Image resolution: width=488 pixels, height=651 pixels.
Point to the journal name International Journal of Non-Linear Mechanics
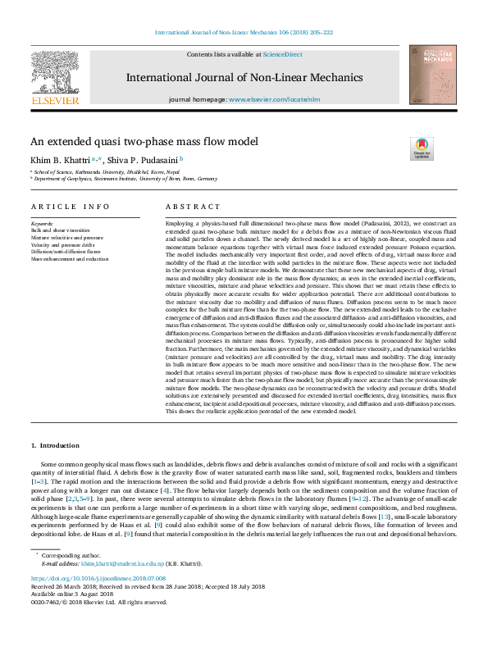(x=244, y=77)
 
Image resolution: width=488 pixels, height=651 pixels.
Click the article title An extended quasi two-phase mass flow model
(x=144, y=141)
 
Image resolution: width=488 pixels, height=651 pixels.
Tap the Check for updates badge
(x=422, y=148)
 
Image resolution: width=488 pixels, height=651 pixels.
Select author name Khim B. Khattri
(x=62, y=160)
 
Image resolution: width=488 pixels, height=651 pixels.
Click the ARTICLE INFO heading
(x=70, y=207)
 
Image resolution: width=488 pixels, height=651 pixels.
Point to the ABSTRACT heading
(x=193, y=207)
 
